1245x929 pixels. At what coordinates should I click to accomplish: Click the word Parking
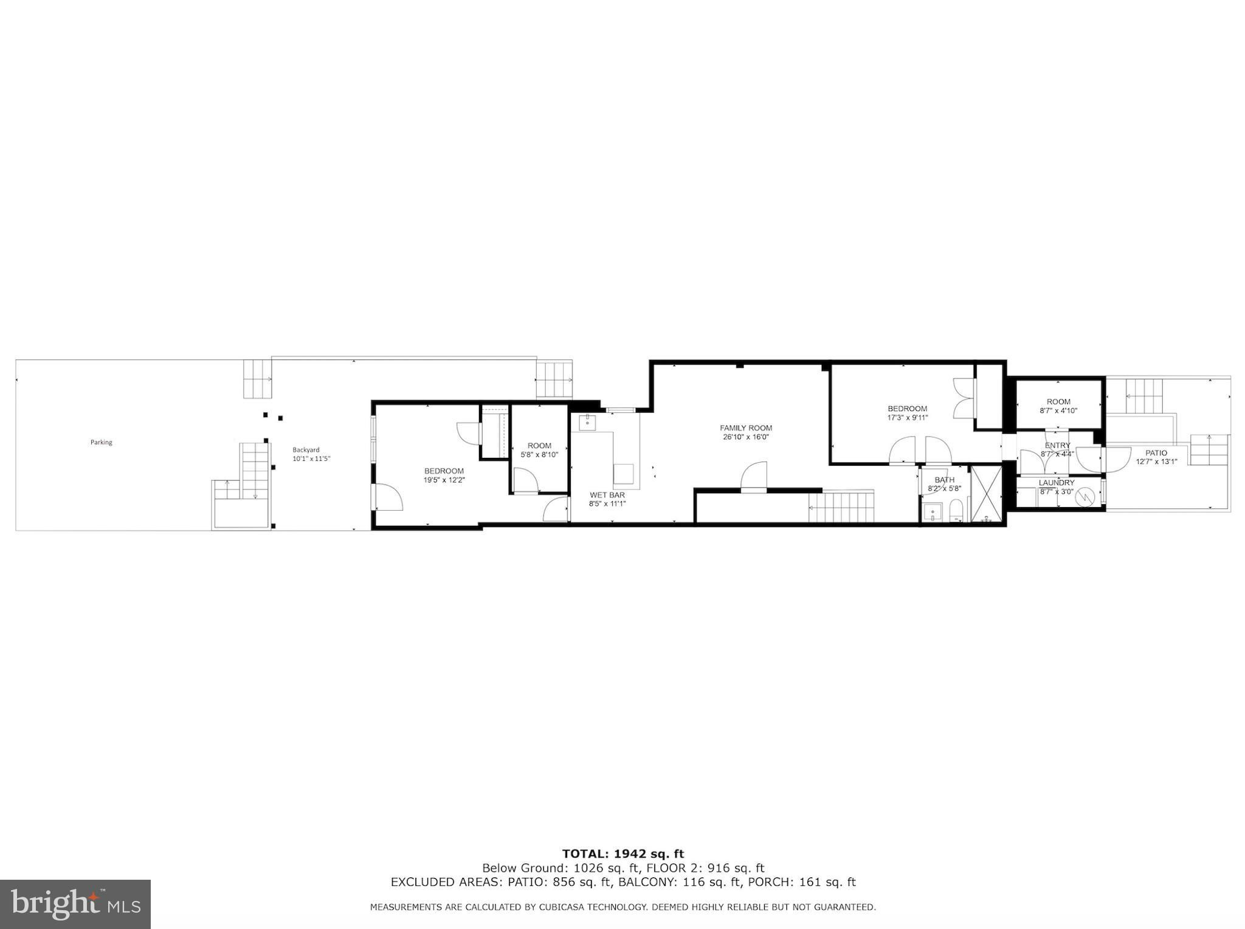102,442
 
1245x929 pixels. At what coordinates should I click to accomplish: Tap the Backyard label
306,450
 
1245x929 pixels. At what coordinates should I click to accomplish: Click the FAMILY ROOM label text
746,428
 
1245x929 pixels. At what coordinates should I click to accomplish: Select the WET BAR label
607,495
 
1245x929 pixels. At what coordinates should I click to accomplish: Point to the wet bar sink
588,422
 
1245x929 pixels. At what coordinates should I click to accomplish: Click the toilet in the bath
957,510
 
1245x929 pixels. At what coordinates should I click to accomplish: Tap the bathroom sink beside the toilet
933,512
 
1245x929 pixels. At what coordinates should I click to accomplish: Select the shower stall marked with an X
985,494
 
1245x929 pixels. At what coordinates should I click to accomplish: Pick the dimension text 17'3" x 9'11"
907,418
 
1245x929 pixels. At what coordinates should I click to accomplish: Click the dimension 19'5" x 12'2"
444,480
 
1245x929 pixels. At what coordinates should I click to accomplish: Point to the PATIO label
1156,453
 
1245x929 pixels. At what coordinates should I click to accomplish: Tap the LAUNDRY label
1057,483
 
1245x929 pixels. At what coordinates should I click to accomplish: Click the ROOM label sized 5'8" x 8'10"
539,446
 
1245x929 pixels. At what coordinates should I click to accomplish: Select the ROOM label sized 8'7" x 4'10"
1058,402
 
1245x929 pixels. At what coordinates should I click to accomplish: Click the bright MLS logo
75,904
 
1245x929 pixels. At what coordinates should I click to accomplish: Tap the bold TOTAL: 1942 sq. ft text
623,854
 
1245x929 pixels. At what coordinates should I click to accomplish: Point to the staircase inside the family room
841,507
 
